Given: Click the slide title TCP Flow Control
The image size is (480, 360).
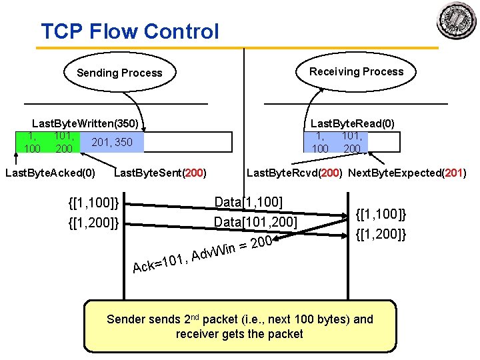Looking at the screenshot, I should tap(129, 31).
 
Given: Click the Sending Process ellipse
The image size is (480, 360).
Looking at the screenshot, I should tap(119, 73).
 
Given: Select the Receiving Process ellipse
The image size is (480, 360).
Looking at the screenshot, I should tap(356, 71).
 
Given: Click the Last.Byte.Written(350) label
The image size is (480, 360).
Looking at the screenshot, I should tap(85, 123).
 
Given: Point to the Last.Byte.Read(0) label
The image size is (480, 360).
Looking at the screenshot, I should tap(352, 123).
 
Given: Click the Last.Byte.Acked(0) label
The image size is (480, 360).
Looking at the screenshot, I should tap(50, 173).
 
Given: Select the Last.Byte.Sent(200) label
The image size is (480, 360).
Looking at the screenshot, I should tap(160, 173).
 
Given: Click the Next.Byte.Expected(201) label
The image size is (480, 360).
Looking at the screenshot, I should tap(407, 173).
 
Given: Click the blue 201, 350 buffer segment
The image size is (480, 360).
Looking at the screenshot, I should tap(112, 142).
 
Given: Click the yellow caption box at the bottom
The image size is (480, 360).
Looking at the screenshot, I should tap(240, 326).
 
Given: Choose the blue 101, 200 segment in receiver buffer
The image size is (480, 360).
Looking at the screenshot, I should tap(352, 142).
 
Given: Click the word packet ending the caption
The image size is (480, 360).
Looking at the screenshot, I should tap(287, 334).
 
